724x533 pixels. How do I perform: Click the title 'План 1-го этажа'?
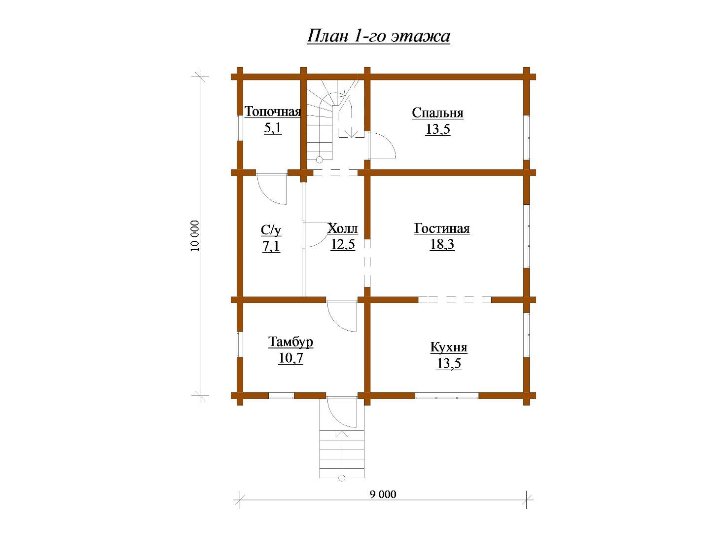tap(378, 36)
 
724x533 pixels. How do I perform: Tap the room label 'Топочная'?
tap(273, 112)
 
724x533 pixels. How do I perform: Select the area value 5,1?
tap(273, 128)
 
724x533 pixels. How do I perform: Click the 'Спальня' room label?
tap(437, 113)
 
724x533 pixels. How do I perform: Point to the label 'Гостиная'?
tap(442, 228)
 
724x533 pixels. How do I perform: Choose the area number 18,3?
tap(442, 244)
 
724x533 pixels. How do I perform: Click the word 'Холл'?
tap(343, 228)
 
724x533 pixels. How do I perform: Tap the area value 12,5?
tap(343, 244)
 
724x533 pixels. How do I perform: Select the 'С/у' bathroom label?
tap(271, 230)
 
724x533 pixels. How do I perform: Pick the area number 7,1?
tap(271, 246)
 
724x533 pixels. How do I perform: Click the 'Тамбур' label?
tap(290, 342)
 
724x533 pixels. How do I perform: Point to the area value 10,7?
tap(290, 358)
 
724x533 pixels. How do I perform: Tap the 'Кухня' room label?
tap(449, 347)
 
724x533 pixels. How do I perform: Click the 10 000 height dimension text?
tap(195, 236)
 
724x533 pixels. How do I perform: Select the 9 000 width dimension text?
tap(383, 494)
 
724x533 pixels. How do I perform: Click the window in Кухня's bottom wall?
tap(447, 395)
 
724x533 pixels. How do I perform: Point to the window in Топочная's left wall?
tap(240, 128)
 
